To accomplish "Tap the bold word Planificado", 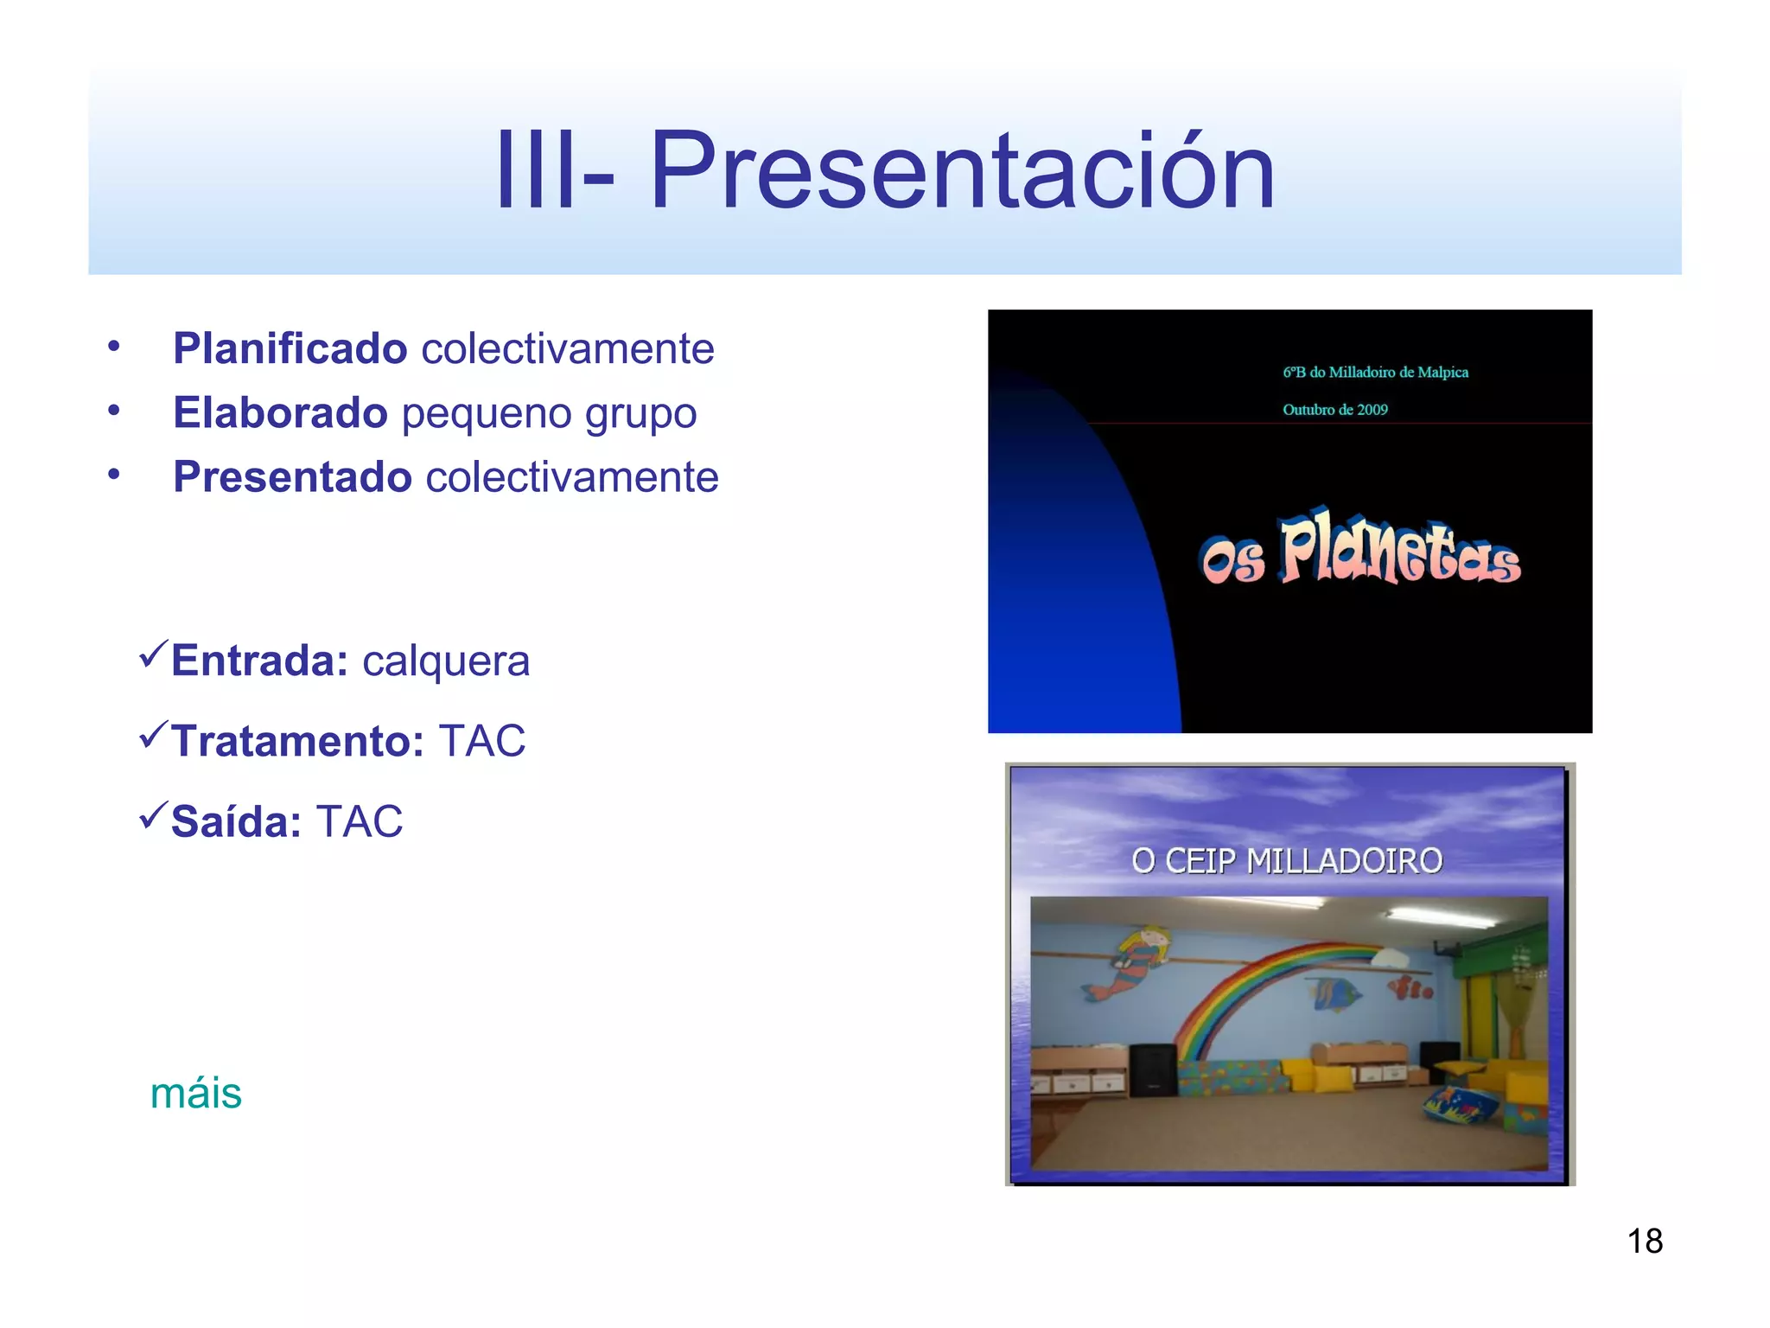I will tap(290, 348).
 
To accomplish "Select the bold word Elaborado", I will tap(280, 412).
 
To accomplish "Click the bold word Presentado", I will tap(292, 476).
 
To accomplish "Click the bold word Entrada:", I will tap(259, 661).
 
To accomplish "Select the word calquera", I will tap(445, 662).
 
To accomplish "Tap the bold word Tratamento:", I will tap(297, 741).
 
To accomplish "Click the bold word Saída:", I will tap(236, 821).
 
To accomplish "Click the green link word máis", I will tap(196, 1093).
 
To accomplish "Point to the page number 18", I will tap(1645, 1241).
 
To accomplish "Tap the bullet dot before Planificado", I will tap(114, 347).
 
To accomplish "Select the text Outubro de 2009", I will tap(1334, 410).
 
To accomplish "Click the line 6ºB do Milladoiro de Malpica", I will tap(1375, 373).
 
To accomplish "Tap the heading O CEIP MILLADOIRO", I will tap(1287, 861).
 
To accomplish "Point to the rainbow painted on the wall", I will tap(1253, 994).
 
